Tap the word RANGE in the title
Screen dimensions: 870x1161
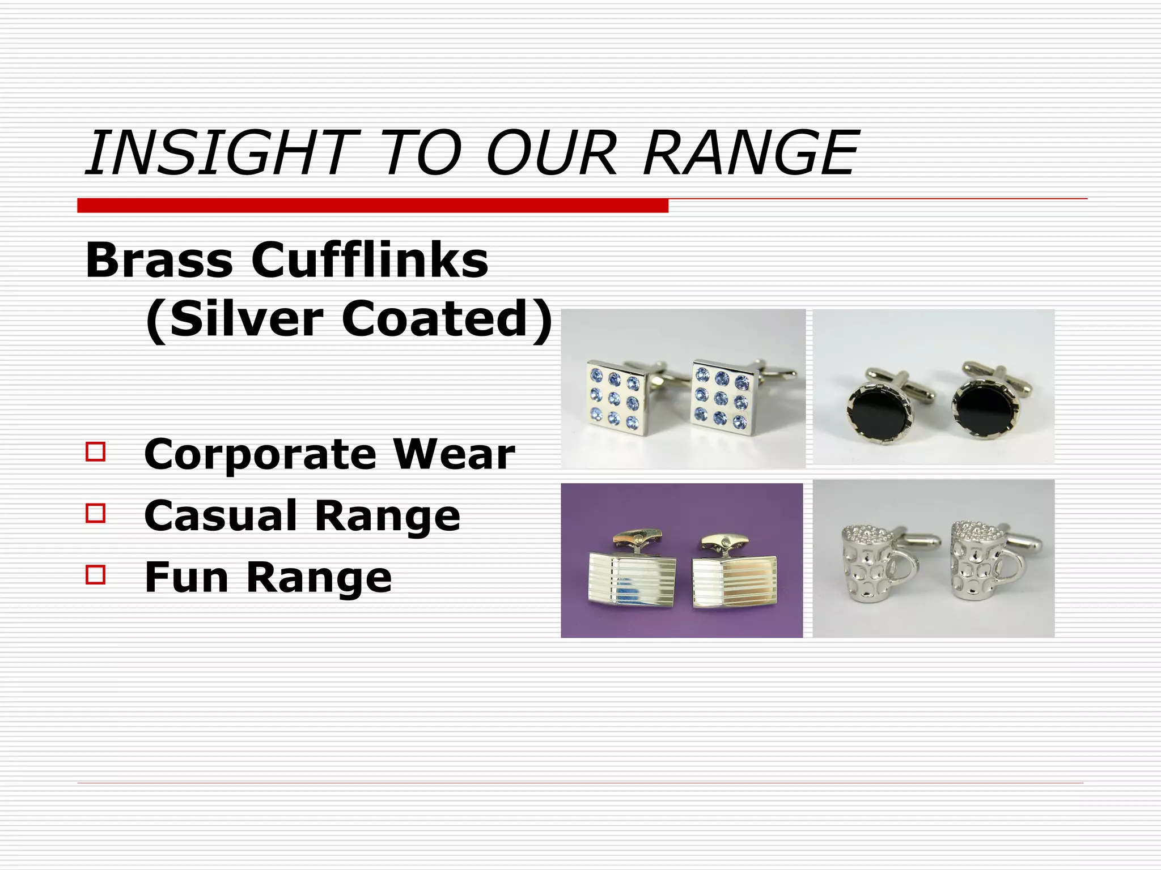coord(751,152)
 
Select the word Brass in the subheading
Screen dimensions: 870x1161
coord(159,260)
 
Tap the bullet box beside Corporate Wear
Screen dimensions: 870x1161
coord(96,452)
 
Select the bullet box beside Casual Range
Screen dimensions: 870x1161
coord(96,513)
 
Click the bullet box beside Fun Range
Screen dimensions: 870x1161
coord(96,574)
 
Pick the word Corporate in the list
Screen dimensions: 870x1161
coord(260,455)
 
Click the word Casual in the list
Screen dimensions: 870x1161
coord(221,516)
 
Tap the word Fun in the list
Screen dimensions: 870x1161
coord(187,577)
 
